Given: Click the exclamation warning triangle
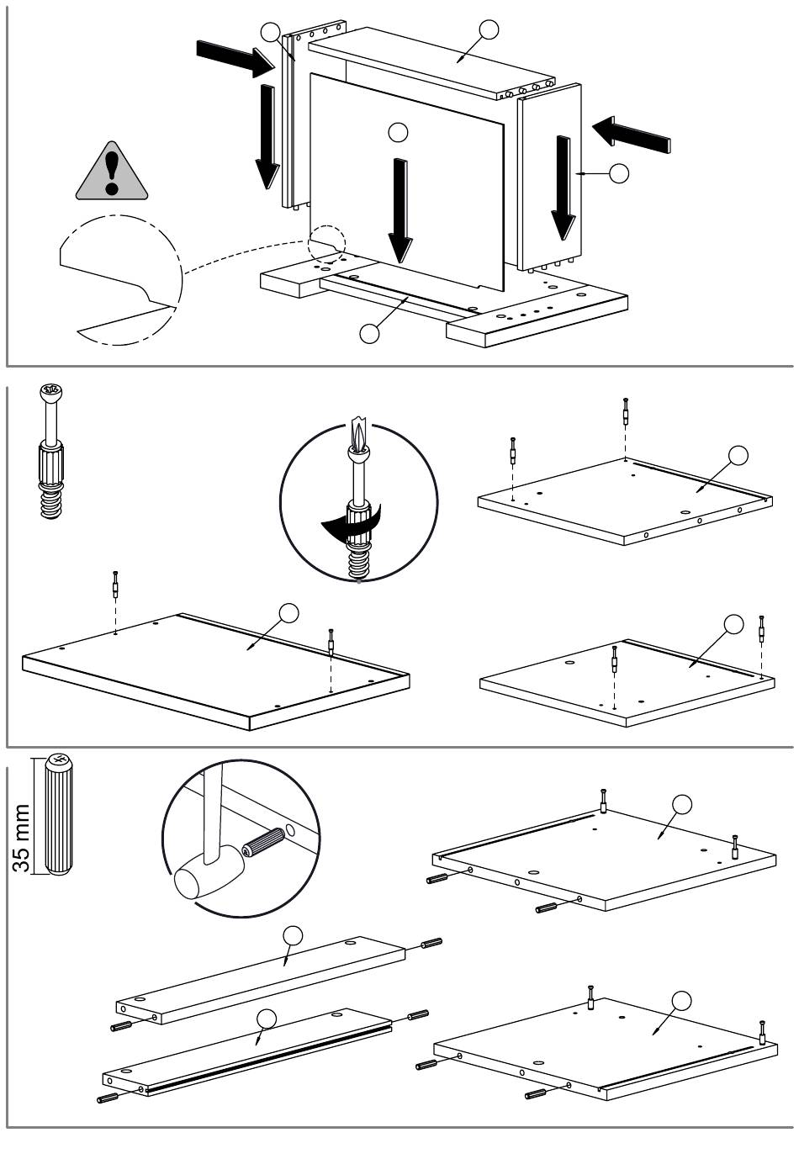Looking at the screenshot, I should (x=111, y=174).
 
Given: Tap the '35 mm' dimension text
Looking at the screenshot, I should (x=23, y=837).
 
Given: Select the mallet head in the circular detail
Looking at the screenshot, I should (x=195, y=878).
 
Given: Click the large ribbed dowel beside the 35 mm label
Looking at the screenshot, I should (x=59, y=812).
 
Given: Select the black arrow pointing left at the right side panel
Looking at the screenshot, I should (x=631, y=134).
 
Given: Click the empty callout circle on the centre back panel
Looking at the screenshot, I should (x=398, y=131).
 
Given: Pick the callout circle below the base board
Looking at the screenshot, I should (x=369, y=333).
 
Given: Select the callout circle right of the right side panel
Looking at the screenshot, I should (x=618, y=173).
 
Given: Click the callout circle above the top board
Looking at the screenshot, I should (x=489, y=29).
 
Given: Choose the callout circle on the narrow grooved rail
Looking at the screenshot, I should (x=267, y=1018).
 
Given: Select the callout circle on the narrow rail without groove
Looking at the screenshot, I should (x=292, y=935).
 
